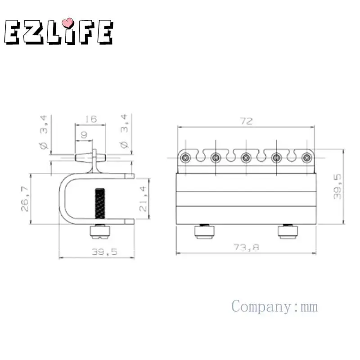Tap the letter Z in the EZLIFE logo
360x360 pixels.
(33, 31)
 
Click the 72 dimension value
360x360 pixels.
(246, 121)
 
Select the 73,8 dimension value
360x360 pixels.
(246, 247)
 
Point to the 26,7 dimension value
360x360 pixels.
(25, 199)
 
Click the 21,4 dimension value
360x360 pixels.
(143, 198)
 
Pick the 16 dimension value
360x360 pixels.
(91, 119)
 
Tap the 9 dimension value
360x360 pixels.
(84, 135)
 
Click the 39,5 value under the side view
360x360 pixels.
(104, 252)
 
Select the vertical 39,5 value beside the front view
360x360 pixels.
(337, 187)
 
